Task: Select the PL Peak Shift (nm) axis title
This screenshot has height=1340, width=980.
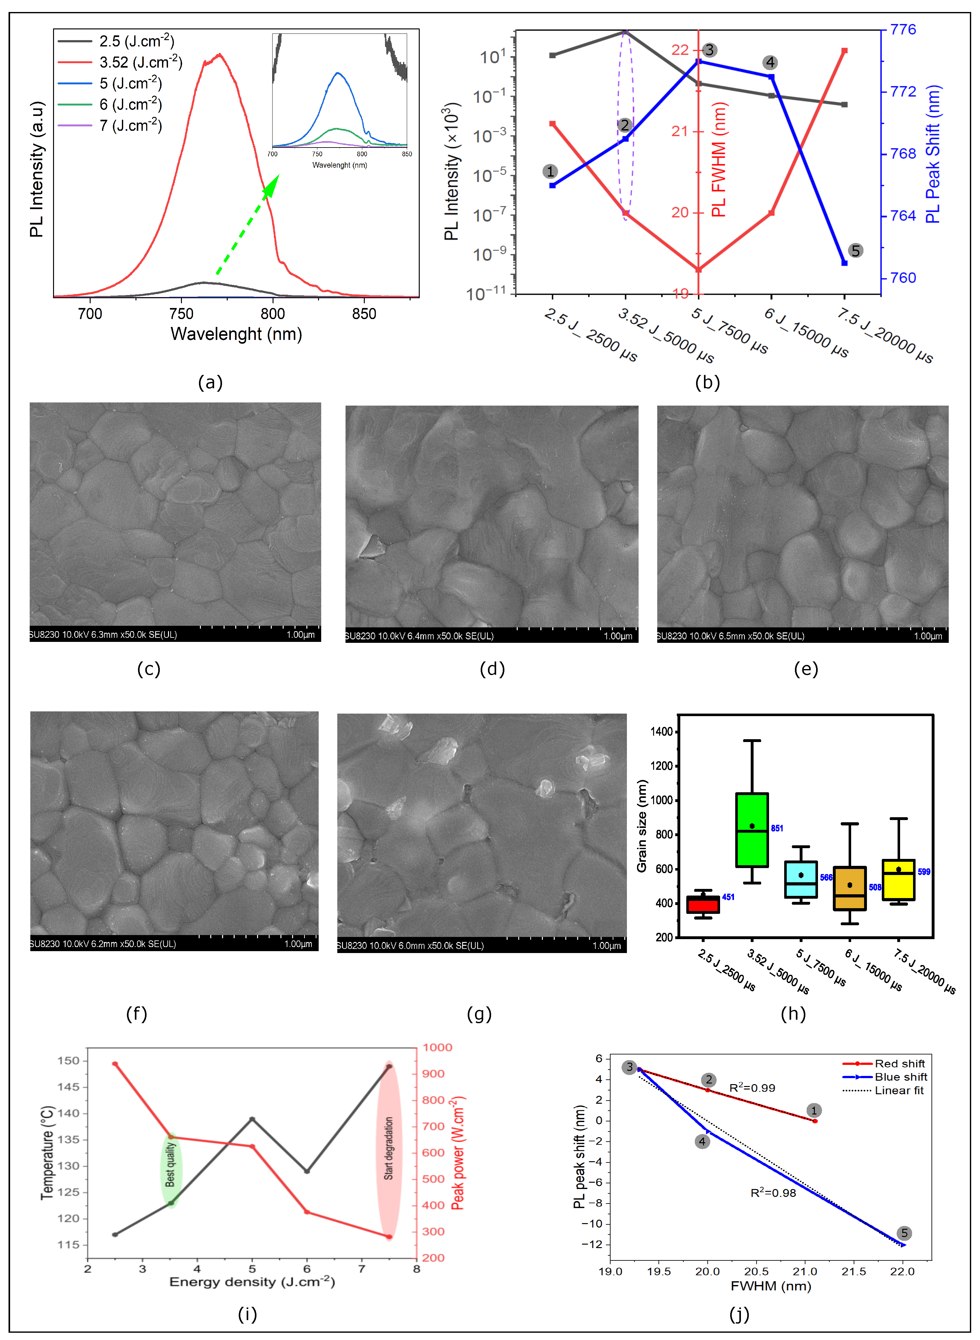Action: [x=933, y=154]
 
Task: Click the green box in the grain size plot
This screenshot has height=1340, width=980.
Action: [x=752, y=829]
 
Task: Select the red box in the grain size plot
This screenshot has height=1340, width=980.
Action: [x=703, y=905]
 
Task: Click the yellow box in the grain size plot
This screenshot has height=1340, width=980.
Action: [x=898, y=880]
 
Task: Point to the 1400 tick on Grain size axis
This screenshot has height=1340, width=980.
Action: [x=661, y=731]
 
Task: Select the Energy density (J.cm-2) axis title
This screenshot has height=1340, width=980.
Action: [x=252, y=1282]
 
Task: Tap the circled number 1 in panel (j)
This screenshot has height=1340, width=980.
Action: [x=814, y=1110]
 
